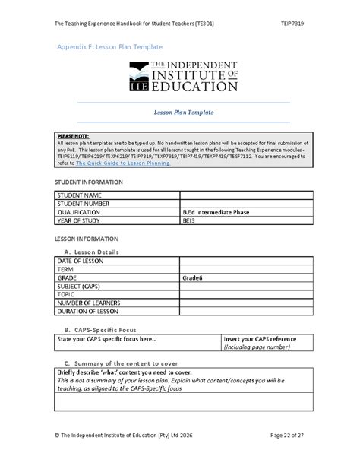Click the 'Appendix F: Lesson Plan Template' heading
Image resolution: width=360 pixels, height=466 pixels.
click(110, 47)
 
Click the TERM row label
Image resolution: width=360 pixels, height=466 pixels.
click(67, 270)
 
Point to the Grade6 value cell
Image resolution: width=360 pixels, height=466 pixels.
click(193, 278)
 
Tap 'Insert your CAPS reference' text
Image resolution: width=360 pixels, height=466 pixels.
click(258, 339)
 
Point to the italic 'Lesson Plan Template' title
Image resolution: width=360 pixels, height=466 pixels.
click(183, 113)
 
